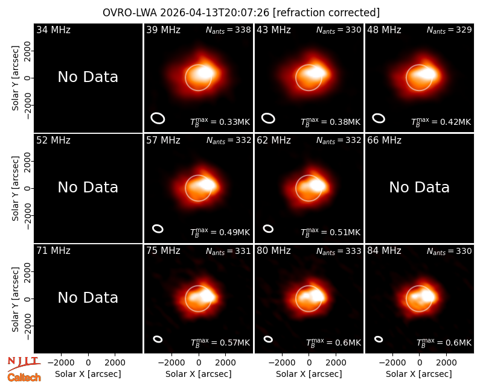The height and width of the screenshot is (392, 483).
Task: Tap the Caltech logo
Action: coord(24,378)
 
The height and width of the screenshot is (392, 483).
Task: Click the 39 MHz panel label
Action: coord(163,30)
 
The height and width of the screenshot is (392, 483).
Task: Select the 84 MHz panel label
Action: coord(384,251)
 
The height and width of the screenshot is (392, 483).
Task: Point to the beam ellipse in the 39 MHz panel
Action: coord(158,118)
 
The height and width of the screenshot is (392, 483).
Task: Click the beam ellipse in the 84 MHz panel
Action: coord(379,339)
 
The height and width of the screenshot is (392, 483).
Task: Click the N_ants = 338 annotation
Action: coord(228,30)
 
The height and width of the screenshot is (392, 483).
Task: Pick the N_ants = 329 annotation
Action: coord(449,30)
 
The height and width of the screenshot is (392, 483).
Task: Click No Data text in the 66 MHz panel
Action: coord(419,187)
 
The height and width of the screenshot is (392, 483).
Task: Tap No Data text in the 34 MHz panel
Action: coord(88,77)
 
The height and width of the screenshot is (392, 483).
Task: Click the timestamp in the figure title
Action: coord(215,13)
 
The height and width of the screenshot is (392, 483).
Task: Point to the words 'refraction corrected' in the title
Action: coord(326,13)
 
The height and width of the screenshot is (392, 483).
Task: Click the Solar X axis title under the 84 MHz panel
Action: coord(419,374)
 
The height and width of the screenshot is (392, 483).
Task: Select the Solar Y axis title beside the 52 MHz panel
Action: coord(16,188)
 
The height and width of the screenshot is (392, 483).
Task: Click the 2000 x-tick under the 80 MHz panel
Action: coord(336,363)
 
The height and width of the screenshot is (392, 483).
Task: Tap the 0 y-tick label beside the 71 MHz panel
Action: coord(28,299)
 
